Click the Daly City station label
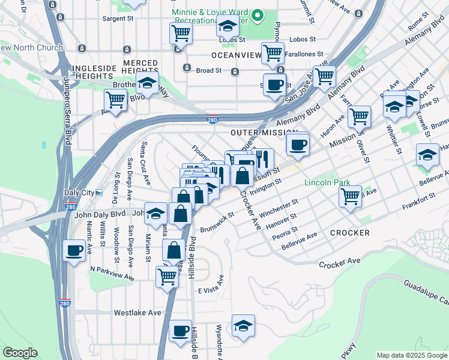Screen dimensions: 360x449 (x=80, y=193)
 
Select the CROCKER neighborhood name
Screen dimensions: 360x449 (x=349, y=232)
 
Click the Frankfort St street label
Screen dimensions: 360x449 (x=419, y=197)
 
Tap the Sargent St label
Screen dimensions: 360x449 (x=118, y=19)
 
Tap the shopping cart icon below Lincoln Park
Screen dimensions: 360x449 (x=350, y=195)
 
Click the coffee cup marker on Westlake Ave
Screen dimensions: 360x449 (x=179, y=330)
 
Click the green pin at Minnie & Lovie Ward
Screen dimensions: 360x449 (x=258, y=15)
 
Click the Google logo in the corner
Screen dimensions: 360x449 (x=20, y=353)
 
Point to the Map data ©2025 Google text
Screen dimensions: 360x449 (x=412, y=356)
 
